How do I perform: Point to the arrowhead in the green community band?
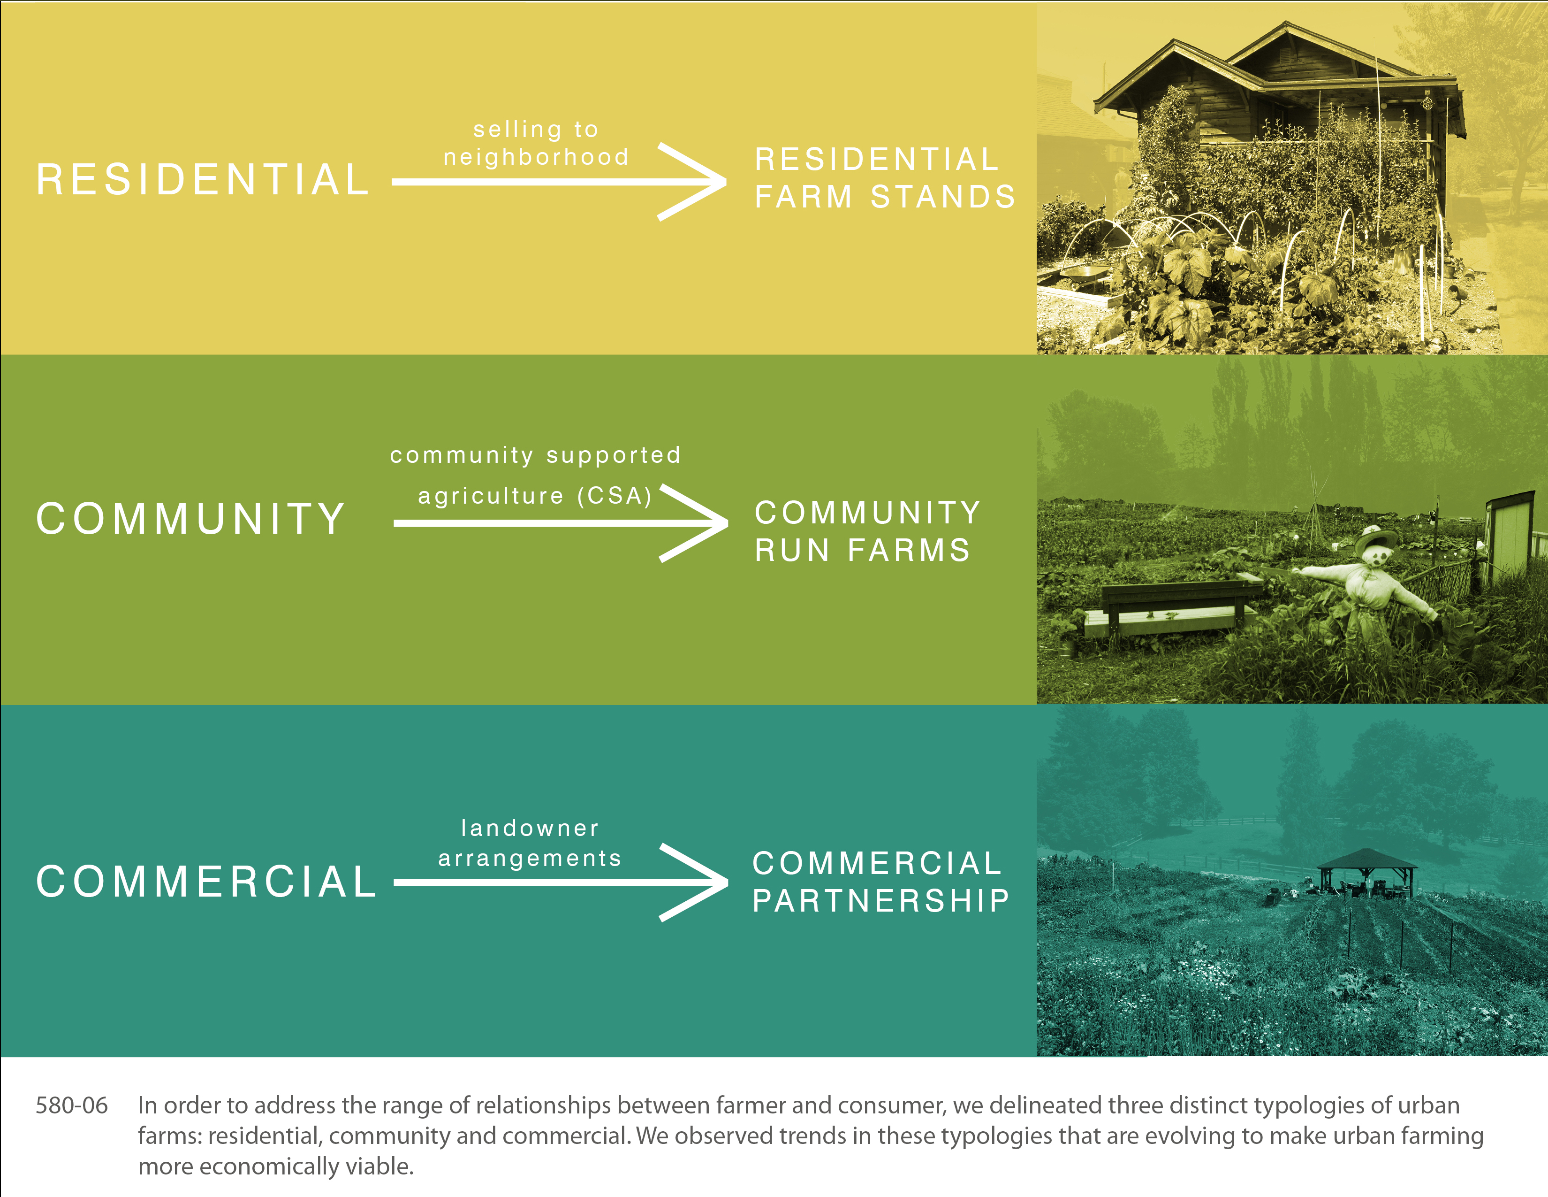(693, 523)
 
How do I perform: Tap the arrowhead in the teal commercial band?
(693, 882)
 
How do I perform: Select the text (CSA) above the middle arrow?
(615, 496)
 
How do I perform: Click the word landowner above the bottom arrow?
(530, 828)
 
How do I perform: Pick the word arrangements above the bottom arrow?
(530, 859)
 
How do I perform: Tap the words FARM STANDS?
(885, 196)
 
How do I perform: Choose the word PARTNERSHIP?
(881, 901)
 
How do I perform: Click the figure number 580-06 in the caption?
(72, 1105)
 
